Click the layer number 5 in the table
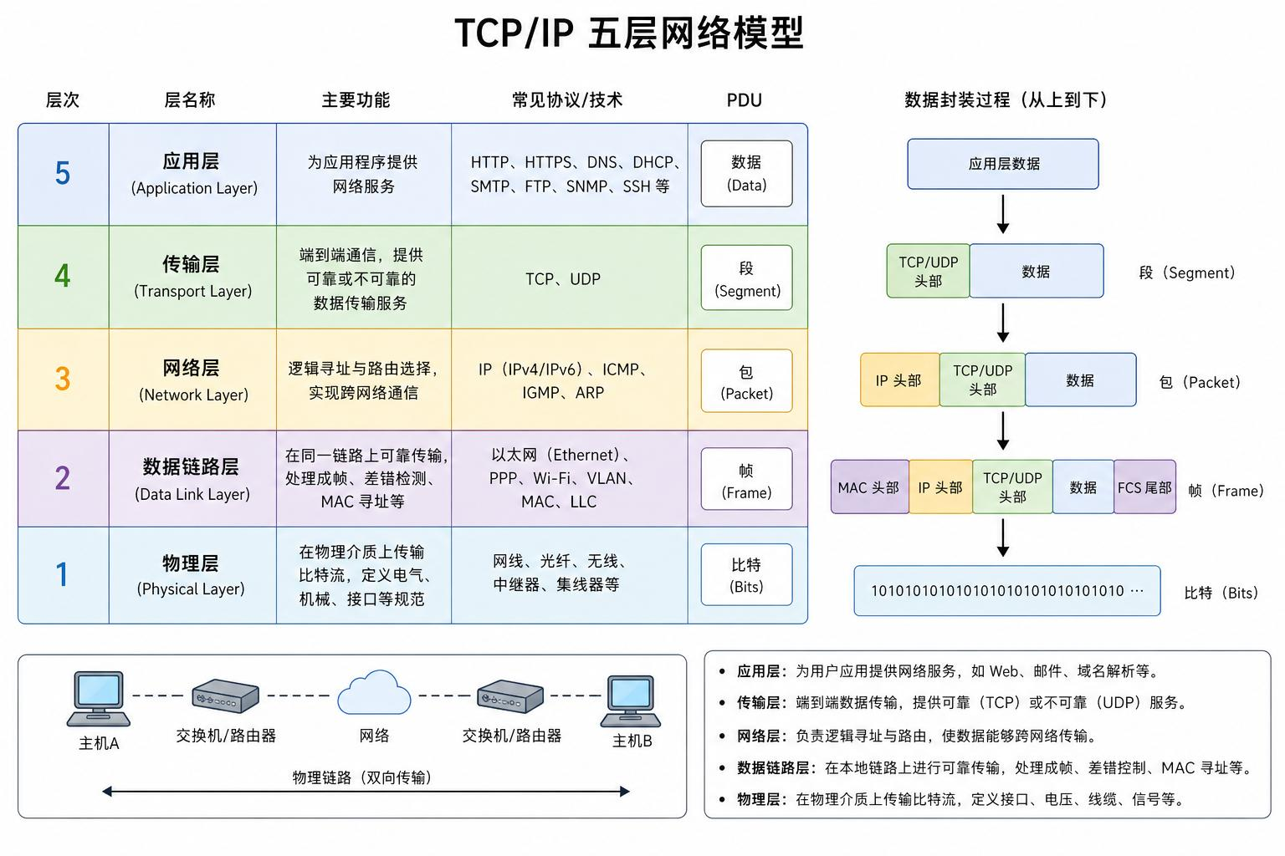point(63,173)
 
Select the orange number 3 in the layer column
point(63,379)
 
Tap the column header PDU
point(744,100)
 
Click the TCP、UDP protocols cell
point(563,279)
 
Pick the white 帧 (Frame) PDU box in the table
point(746,479)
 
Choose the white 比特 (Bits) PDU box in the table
point(746,574)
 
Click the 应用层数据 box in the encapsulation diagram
point(1003,164)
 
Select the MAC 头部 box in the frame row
point(870,487)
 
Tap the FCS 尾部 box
point(1144,487)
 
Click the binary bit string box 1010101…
point(1006,590)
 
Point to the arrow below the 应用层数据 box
point(1003,214)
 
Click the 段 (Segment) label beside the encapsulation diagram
point(1186,273)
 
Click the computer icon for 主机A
point(99,699)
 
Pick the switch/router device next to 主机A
point(225,695)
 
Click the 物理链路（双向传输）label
point(361,777)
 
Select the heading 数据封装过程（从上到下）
point(1005,100)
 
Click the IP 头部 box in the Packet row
point(899,380)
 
